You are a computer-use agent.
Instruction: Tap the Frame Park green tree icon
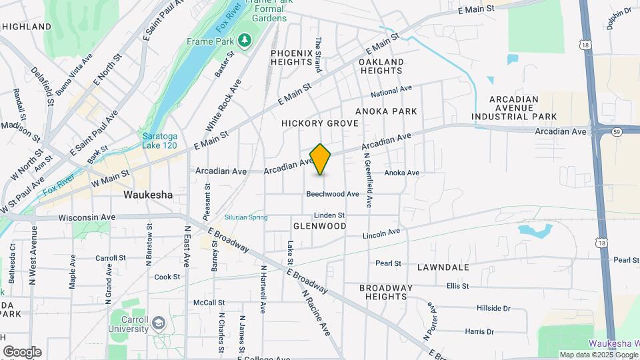click(x=245, y=41)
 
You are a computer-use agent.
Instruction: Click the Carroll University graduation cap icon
click(x=158, y=323)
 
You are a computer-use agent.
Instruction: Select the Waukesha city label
click(x=148, y=195)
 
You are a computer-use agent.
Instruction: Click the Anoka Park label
click(x=386, y=111)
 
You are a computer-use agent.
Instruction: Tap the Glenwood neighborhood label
click(x=320, y=226)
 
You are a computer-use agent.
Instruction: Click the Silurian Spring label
click(x=246, y=217)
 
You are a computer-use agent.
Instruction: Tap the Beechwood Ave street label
click(x=333, y=194)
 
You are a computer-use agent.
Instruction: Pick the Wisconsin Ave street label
click(x=87, y=217)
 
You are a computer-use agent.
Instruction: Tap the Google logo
click(x=22, y=352)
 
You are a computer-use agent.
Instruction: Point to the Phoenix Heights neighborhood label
click(x=292, y=57)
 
